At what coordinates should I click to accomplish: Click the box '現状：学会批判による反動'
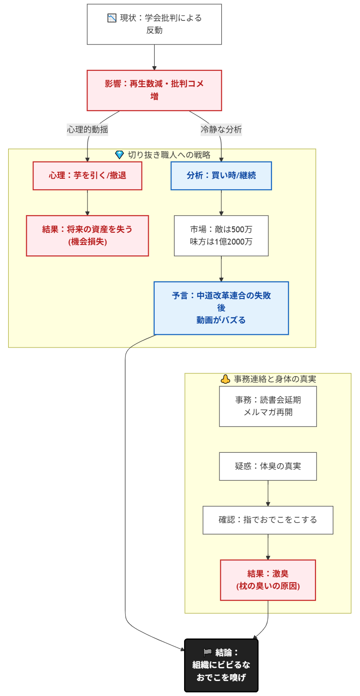154,25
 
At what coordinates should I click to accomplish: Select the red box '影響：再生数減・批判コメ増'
154,90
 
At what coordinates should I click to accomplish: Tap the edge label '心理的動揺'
88,129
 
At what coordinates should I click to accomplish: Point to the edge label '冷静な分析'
221,129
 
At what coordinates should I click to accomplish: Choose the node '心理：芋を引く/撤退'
88,176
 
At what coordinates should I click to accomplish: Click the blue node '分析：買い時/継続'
221,176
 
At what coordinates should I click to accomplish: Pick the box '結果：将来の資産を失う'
88,235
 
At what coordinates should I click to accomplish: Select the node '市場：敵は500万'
221,235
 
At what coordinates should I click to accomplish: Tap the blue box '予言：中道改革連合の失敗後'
221,308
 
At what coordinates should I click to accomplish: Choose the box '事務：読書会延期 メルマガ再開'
268,406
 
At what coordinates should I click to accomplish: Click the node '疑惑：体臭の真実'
268,466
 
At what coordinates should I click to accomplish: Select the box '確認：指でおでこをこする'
268,520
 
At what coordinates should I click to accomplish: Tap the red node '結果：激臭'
268,580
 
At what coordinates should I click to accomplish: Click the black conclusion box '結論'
221,665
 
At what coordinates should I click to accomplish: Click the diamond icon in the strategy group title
120,155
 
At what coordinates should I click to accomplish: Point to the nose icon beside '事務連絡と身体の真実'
225,379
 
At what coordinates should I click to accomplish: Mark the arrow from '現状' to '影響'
154,57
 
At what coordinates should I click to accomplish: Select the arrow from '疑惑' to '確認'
268,493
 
